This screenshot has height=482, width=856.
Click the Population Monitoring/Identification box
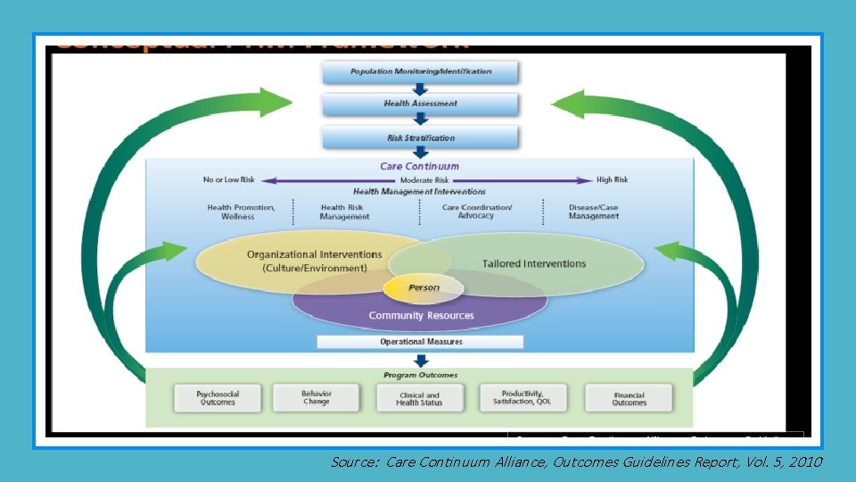(420, 71)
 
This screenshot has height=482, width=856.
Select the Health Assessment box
(420, 104)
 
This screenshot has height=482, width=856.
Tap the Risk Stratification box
(420, 137)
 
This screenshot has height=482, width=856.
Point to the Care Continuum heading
(420, 166)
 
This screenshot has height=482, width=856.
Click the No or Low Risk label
(229, 180)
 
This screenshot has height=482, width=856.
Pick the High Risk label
(612, 180)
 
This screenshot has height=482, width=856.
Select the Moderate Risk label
(424, 180)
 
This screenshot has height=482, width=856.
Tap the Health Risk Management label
(345, 212)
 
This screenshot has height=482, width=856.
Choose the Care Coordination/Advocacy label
(477, 212)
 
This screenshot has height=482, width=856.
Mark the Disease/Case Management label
(593, 212)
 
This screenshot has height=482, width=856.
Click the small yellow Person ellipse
(424, 287)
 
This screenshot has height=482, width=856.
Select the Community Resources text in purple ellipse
(421, 315)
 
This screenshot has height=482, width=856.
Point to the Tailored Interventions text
(534, 263)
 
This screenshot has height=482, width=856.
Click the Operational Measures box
(421, 342)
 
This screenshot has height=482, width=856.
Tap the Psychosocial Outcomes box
(218, 398)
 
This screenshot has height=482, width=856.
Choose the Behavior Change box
(316, 397)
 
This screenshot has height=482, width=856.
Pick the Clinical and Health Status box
(419, 398)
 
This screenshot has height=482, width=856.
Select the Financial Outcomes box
(629, 398)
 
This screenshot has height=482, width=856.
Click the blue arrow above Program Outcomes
(421, 360)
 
